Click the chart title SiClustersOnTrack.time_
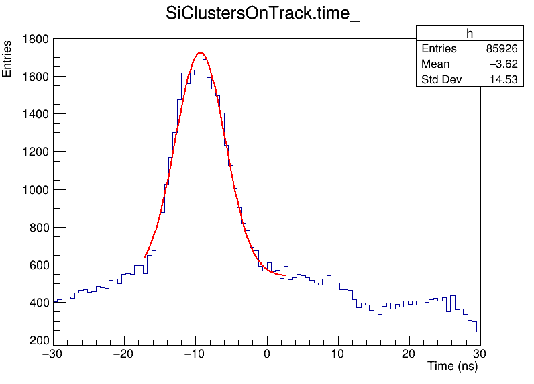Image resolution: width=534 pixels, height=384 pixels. point(263,15)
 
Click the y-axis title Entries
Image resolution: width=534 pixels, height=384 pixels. point(7,59)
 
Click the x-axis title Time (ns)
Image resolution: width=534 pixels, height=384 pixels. point(453,367)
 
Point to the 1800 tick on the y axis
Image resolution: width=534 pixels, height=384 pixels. point(35,39)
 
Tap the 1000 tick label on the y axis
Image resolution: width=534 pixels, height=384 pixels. point(35,190)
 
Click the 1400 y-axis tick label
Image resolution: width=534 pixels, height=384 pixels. point(35,114)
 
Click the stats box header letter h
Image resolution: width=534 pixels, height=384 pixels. point(470,34)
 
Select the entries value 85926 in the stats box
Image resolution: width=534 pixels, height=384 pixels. point(501,49)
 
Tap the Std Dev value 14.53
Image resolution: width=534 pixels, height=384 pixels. point(503,80)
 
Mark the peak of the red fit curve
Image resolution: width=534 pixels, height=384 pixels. point(200,53)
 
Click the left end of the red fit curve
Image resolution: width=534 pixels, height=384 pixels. point(145,256)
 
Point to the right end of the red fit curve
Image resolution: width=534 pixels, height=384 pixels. point(286,275)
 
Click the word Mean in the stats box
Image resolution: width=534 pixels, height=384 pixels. point(435,64)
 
